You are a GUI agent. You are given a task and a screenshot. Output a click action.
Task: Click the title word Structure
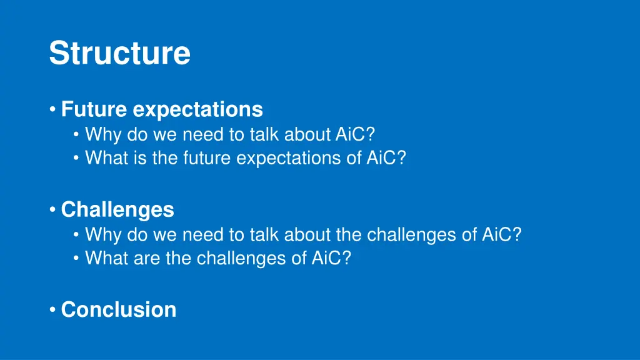119,52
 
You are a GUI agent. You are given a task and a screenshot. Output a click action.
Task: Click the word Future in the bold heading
94,109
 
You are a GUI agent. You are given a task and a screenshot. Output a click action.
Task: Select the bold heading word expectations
198,110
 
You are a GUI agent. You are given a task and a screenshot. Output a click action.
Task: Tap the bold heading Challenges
117,210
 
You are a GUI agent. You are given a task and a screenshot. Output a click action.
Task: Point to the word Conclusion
119,309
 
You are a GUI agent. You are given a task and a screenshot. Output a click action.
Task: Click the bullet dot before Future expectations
52,109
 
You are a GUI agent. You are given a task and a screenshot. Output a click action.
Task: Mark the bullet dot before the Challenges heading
52,209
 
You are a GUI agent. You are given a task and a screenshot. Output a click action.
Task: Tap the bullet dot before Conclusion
52,309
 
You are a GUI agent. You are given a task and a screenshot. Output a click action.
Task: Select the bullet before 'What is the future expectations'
76,157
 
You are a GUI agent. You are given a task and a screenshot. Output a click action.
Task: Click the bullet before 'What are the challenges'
76,258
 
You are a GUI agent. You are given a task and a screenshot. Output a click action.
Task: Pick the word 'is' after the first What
140,157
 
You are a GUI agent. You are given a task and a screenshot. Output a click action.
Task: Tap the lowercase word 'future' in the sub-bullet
207,157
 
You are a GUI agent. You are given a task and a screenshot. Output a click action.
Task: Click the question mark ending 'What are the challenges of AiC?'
346,258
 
